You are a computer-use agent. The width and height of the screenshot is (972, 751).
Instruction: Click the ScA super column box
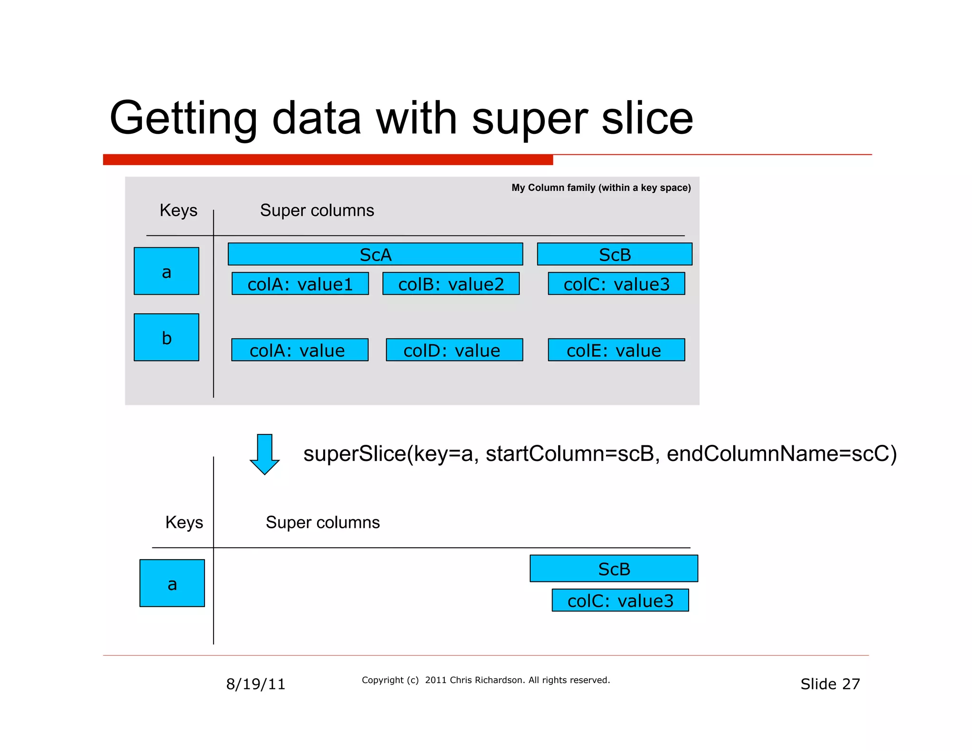[x=375, y=254]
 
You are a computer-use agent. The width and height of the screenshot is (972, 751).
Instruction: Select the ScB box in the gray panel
[x=614, y=254]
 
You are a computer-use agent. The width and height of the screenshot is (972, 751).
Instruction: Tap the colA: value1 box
[x=300, y=283]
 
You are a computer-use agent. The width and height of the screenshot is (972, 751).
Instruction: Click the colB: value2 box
[x=451, y=283]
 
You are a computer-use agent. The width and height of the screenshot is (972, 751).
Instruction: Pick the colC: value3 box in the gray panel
[x=616, y=283]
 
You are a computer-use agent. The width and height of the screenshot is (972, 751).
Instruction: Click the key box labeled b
[x=166, y=337]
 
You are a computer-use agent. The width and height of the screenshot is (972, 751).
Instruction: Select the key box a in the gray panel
[x=166, y=271]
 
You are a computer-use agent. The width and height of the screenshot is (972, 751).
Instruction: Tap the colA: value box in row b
[x=299, y=350]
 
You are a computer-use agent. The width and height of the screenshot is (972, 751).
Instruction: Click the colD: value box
[x=454, y=350]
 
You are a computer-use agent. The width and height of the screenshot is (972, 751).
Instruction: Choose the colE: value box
[x=616, y=350]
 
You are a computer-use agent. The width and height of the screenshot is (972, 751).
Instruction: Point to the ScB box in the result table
[x=614, y=568]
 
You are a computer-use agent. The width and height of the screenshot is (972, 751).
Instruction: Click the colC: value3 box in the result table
[x=620, y=600]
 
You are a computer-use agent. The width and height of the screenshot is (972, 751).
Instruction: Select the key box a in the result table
[x=172, y=583]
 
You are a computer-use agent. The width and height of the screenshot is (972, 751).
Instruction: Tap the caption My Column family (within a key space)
[x=601, y=188]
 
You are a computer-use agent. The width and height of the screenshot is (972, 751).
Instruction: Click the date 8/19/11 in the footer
[x=255, y=684]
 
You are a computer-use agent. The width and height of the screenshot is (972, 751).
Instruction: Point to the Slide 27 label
[x=830, y=684]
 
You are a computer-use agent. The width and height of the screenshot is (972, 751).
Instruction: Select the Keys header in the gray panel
[x=178, y=210]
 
